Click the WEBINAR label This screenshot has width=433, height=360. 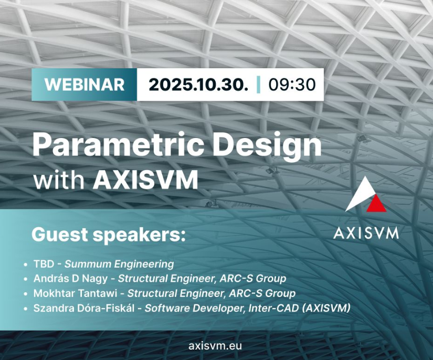pyautogui.click(x=85, y=84)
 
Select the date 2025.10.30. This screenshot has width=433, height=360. pyautogui.click(x=198, y=84)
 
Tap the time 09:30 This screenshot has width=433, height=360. pyautogui.click(x=292, y=84)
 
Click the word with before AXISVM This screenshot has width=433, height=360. pyautogui.click(x=59, y=179)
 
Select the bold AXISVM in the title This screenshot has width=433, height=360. pyautogui.click(x=145, y=180)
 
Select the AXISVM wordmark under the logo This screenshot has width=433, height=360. pyautogui.click(x=366, y=233)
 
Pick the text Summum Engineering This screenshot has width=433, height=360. pyautogui.click(x=119, y=264)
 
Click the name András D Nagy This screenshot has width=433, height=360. pyautogui.click(x=70, y=279)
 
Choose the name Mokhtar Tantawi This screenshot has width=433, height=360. pyautogui.click(x=76, y=293)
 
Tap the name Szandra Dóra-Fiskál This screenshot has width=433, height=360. pyautogui.click(x=84, y=308)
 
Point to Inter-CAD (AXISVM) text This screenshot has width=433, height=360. pyautogui.click(x=300, y=308)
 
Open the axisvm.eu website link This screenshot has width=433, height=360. pyautogui.click(x=215, y=346)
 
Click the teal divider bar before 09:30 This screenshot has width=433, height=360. pyautogui.click(x=258, y=84)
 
